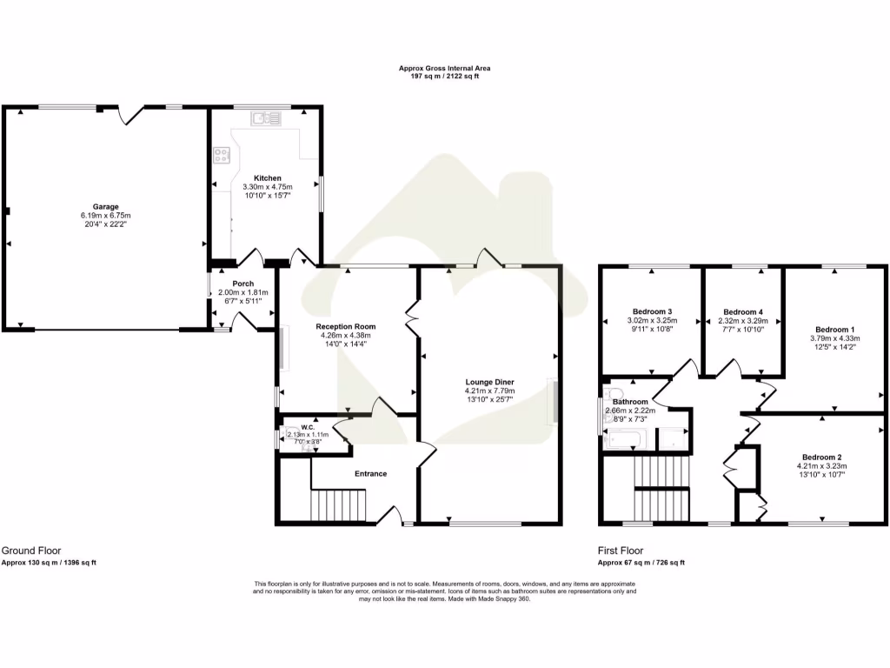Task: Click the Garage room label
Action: (x=105, y=207)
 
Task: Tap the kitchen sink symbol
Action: (x=266, y=118)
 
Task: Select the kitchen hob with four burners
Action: (x=222, y=155)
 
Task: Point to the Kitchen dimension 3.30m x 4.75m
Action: (x=268, y=187)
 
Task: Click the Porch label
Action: (x=243, y=284)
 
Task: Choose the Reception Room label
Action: (x=346, y=327)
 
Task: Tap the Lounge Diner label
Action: (x=490, y=383)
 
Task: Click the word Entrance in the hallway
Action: (x=370, y=474)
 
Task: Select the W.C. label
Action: (x=308, y=427)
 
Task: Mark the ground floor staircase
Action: (x=338, y=504)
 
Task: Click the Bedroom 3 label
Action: (x=652, y=311)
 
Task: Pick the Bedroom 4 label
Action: (x=743, y=312)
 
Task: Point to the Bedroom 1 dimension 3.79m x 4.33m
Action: (x=835, y=338)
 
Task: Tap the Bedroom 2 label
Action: (x=822, y=458)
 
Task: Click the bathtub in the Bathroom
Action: (x=624, y=439)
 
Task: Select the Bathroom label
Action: (x=630, y=402)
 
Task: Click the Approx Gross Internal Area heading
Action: (x=444, y=68)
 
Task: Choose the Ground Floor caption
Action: (x=31, y=551)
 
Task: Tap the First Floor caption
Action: (x=621, y=551)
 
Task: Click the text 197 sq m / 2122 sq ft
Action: (x=444, y=77)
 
